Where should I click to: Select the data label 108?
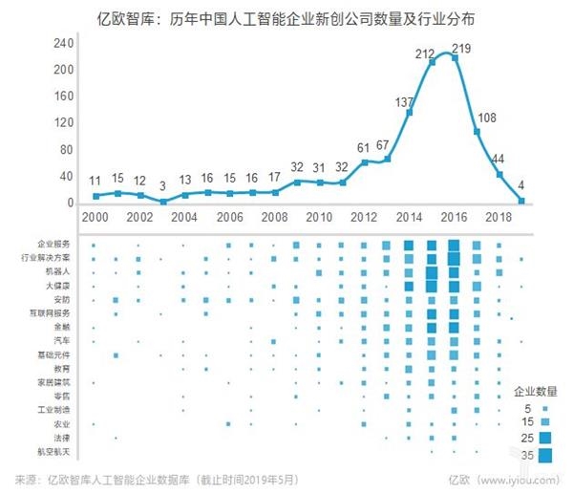[486, 118]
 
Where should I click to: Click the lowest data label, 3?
[162, 186]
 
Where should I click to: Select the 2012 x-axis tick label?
[363, 217]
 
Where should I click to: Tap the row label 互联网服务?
[52, 313]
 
